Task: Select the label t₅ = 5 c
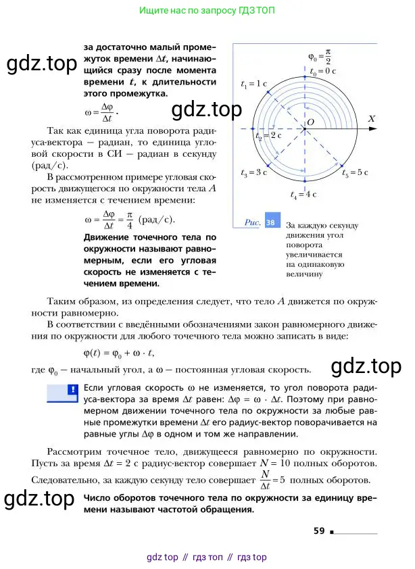(356, 173)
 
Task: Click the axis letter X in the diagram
(371, 118)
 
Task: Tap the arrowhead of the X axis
(375, 129)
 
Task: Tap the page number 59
(320, 530)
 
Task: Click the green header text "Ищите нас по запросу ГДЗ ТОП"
(207, 11)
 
